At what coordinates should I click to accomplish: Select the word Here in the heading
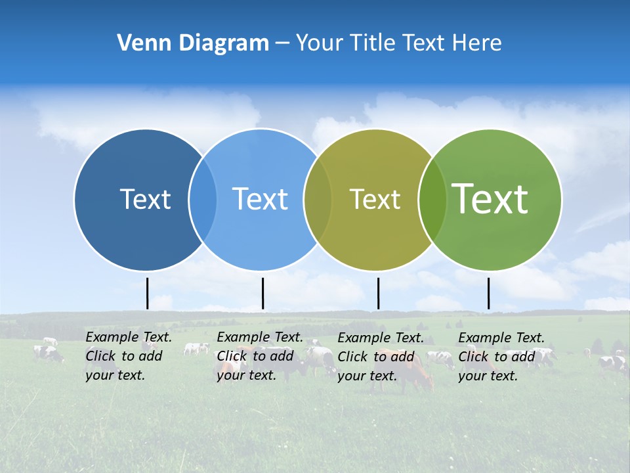coord(476,43)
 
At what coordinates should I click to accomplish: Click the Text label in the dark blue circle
coord(145,199)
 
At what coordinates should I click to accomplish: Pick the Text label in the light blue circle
coord(260,199)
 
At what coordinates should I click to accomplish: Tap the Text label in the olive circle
coord(375,199)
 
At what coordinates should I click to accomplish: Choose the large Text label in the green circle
coord(490,198)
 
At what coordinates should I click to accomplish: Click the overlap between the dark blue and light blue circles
coord(203,200)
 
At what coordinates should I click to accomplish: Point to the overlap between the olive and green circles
coord(432,200)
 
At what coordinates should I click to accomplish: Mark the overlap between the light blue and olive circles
coord(318,200)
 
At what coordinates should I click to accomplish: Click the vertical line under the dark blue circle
coord(147,293)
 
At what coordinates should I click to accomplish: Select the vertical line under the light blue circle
coord(262,293)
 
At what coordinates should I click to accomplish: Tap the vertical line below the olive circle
coord(378,293)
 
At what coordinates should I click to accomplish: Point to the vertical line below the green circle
coord(488,293)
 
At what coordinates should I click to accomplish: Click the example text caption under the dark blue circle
coord(128,356)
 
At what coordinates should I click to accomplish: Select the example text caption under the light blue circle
coord(259,356)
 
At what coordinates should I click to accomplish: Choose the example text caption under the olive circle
coord(381,356)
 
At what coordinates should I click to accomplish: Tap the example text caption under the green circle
coord(501,356)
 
